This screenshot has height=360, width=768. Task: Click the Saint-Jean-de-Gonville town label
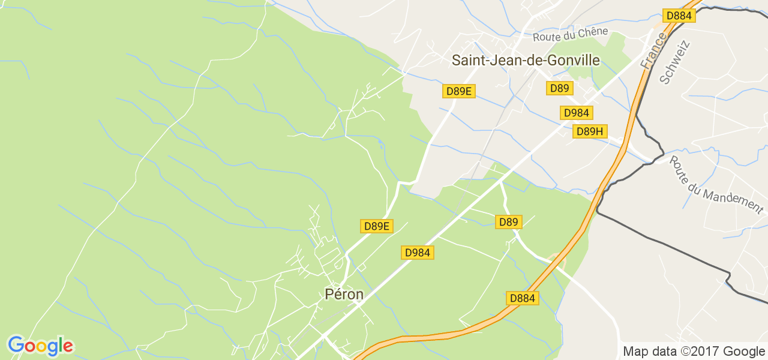(525, 60)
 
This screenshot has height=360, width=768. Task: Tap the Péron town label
(344, 294)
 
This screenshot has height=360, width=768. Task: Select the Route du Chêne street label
(570, 34)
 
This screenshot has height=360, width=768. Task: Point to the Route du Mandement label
(715, 184)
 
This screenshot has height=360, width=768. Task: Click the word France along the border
(653, 50)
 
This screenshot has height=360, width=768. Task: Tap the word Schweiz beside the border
(675, 62)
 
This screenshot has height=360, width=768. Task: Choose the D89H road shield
(590, 131)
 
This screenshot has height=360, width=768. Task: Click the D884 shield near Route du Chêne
(679, 16)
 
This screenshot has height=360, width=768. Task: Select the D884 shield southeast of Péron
(522, 298)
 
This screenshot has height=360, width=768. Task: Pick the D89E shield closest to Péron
(377, 226)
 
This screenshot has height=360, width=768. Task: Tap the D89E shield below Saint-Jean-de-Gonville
(460, 91)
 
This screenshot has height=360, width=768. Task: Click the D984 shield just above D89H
(577, 113)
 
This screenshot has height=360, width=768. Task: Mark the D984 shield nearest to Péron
(417, 253)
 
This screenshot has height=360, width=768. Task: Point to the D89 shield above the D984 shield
(559, 88)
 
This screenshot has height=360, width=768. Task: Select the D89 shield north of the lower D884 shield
(508, 222)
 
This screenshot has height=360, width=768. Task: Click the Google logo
(40, 346)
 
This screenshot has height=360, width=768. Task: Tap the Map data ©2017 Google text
(694, 352)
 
